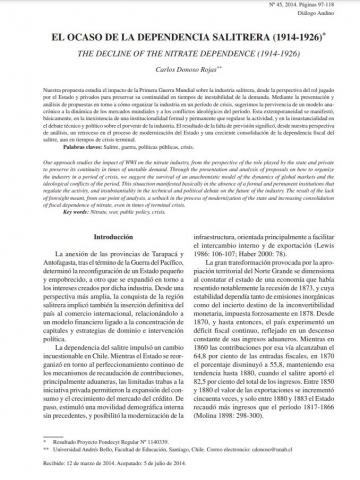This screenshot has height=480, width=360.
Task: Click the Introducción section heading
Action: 97,265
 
